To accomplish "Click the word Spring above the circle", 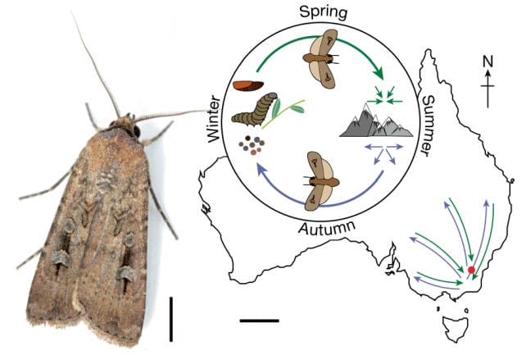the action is click(324, 13).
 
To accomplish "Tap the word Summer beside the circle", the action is click(429, 125).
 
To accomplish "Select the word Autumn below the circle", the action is click(327, 229).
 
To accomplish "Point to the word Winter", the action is click(214, 119).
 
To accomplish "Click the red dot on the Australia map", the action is click(471, 270).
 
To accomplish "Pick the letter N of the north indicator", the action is click(488, 62).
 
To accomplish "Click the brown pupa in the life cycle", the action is click(248, 86).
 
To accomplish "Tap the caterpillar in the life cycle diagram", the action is click(255, 110).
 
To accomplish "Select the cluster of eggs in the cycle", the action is click(252, 145).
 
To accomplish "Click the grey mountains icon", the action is click(376, 120).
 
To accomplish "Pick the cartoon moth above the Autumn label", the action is click(321, 181).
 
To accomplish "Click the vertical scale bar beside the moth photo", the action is click(171, 319).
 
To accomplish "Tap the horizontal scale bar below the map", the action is click(259, 321).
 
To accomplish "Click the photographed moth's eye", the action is click(137, 131).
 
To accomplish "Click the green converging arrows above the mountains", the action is click(385, 96).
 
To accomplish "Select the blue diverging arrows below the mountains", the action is click(384, 153).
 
